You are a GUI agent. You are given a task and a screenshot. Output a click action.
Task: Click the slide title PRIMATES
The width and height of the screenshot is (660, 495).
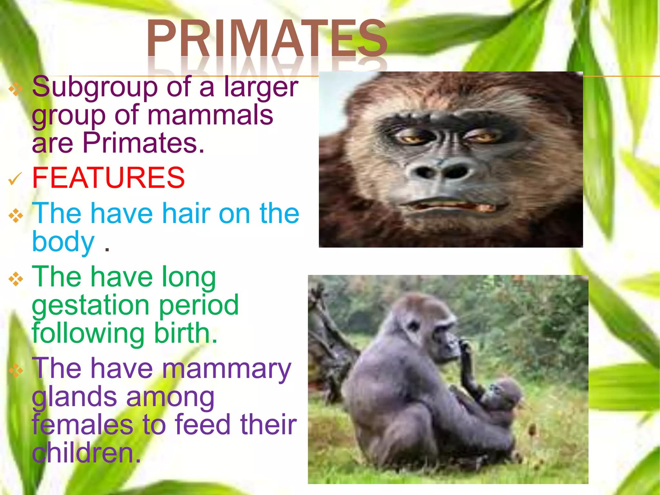[x=267, y=39]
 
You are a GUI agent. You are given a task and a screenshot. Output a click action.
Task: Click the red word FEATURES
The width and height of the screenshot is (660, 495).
[x=108, y=178]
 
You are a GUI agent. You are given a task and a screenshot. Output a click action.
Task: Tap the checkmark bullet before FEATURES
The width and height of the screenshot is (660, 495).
[x=15, y=179]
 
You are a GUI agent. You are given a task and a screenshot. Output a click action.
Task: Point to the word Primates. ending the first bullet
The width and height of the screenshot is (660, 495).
[x=143, y=143]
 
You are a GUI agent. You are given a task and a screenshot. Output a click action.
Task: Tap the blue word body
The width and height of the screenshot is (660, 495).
[x=63, y=241]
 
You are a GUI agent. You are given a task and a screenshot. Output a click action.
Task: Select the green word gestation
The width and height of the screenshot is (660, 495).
[x=91, y=305]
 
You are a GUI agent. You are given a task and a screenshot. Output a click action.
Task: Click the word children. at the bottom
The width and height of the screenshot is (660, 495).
[x=86, y=453]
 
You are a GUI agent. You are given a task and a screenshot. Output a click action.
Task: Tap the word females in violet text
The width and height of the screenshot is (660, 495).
[x=82, y=425]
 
